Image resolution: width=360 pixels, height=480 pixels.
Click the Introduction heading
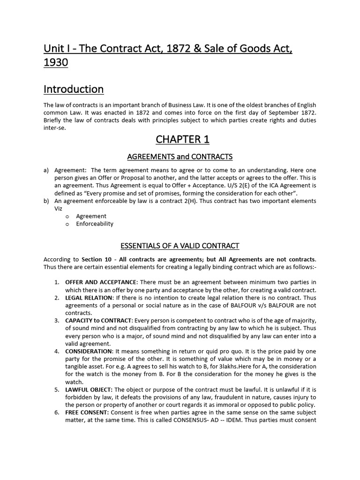(74, 89)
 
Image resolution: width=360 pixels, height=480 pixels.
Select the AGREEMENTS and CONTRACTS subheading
(180, 156)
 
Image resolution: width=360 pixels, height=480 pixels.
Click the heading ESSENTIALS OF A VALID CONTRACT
(180, 246)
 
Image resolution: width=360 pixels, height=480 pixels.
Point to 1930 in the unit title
(56, 63)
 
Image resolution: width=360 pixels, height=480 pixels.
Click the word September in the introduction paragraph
(261, 113)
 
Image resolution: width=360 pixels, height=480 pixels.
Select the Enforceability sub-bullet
(95, 224)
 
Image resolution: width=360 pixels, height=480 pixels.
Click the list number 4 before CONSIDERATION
(56, 351)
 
